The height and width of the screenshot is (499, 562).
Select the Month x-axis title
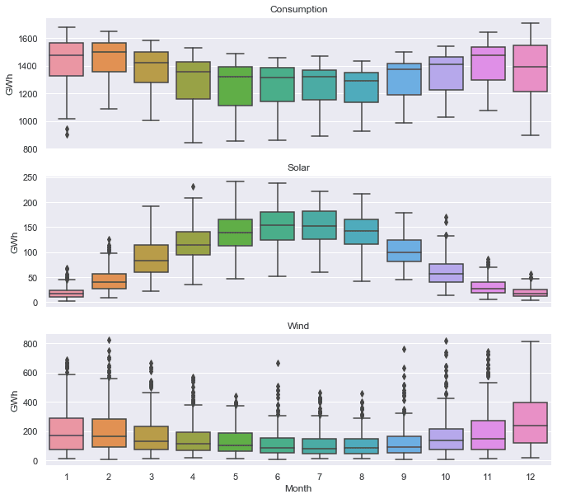tap(298, 488)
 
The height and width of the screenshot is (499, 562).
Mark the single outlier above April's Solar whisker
tap(194, 186)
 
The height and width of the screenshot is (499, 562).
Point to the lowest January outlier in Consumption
tap(68, 134)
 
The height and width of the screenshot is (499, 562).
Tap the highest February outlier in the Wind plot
tap(110, 340)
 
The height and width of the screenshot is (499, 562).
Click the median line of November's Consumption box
tap(488, 55)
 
